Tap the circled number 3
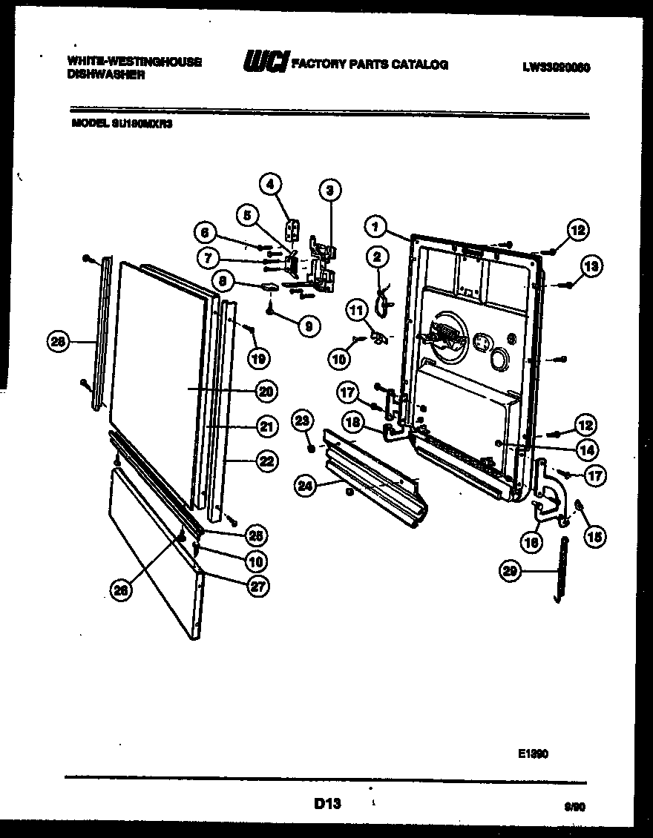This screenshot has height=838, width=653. coord(329,191)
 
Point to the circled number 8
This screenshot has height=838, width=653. coord(223,281)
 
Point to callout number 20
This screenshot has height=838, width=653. coord(265,391)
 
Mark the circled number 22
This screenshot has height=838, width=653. coord(266,461)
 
